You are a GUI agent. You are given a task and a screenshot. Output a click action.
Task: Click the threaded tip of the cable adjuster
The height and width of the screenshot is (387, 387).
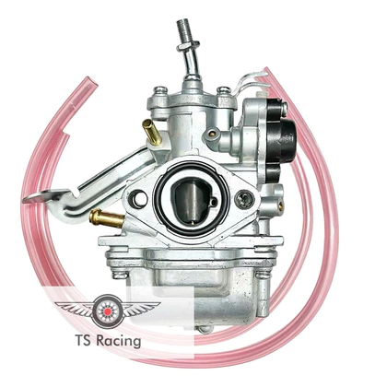tap(182, 30)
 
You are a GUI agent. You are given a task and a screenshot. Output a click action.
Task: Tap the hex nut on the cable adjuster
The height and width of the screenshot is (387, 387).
tap(184, 48)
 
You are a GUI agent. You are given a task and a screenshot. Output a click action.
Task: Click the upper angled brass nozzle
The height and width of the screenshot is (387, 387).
tap(152, 132)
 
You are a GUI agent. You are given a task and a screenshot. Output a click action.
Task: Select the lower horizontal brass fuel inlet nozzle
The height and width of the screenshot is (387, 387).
tap(106, 217)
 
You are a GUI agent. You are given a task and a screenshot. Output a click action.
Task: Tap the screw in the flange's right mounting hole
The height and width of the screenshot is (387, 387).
tap(244, 199)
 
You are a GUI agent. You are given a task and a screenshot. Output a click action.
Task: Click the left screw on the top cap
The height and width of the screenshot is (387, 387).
tap(160, 89)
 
